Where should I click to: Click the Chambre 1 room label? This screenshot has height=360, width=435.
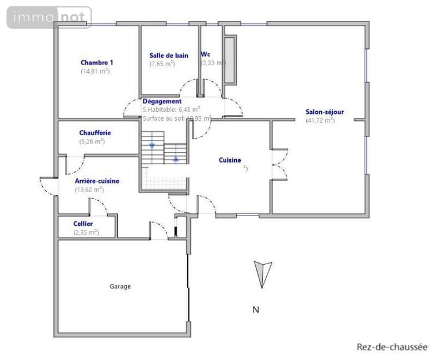pyautogui.click(x=97, y=63)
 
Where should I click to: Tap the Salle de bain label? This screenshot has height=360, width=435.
pyautogui.click(x=169, y=56)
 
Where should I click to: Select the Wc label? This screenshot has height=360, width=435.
pyautogui.click(x=205, y=55)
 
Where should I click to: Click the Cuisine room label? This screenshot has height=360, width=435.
pyautogui.click(x=230, y=160)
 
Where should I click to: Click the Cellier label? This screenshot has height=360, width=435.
pyautogui.click(x=83, y=224)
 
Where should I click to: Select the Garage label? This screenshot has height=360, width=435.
pyautogui.click(x=121, y=286)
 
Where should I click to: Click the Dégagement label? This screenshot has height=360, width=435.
pyautogui.click(x=162, y=101)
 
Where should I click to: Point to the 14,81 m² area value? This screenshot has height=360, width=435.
pyautogui.click(x=95, y=71)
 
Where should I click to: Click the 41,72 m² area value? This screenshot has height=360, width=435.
pyautogui.click(x=320, y=121)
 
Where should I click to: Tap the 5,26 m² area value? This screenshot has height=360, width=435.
pyautogui.click(x=91, y=141)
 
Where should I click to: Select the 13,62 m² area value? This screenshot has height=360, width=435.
pyautogui.click(x=89, y=189)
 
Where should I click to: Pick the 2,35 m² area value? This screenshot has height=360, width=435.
pyautogui.click(x=86, y=232)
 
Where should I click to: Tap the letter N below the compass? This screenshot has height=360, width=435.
pyautogui.click(x=255, y=309)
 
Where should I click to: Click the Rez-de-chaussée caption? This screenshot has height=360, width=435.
pyautogui.click(x=391, y=347)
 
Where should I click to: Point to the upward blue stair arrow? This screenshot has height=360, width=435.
pyautogui.click(x=175, y=158)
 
